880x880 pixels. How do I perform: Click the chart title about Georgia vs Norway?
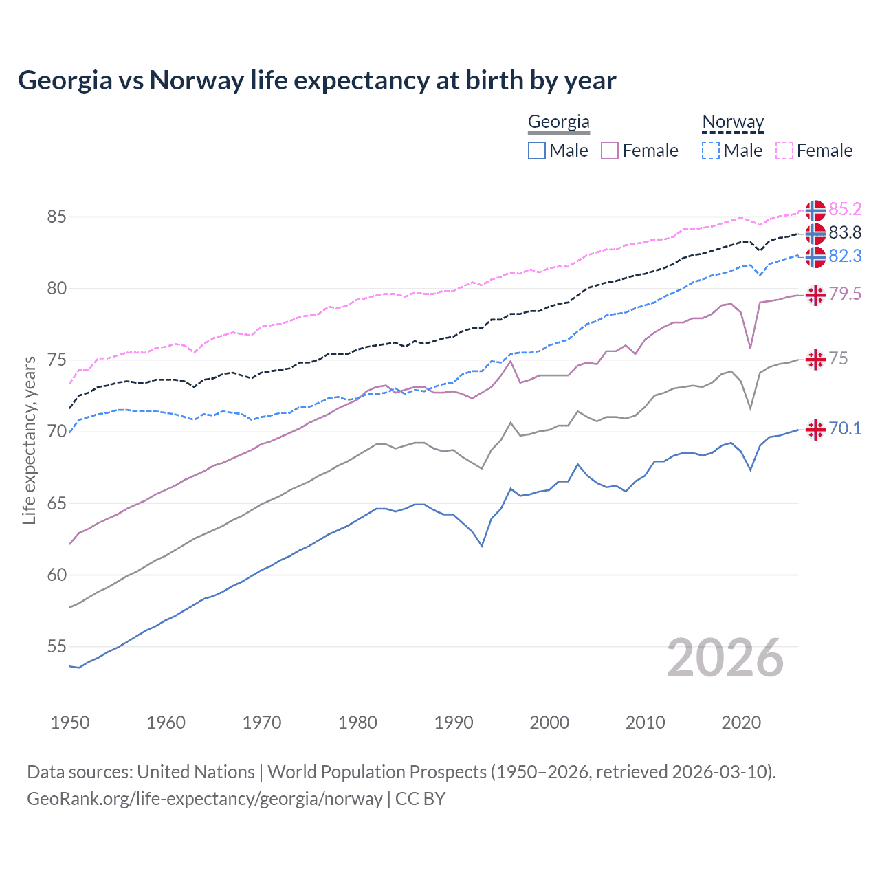[x=317, y=80]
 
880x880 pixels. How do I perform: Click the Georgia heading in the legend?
[x=558, y=122]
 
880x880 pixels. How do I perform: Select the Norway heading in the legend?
[x=733, y=122]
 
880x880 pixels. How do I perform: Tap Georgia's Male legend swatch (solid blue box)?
[x=537, y=151]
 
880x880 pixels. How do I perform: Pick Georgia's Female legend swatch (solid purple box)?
[x=610, y=151]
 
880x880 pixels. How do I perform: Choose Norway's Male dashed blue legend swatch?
[x=711, y=151]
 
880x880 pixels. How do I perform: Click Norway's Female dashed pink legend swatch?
[x=784, y=151]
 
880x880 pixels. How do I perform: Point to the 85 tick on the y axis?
[x=56, y=217]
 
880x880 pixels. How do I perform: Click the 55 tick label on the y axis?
[x=56, y=647]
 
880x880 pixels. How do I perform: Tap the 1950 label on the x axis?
[x=70, y=723]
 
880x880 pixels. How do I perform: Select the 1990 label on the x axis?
[x=454, y=723]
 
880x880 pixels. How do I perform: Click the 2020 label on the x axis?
[x=741, y=723]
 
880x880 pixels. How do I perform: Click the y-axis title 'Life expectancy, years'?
[x=30, y=440]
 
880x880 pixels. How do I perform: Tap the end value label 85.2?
[x=845, y=209]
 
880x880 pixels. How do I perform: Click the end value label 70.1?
[x=845, y=429]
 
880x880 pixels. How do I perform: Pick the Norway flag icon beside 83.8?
[x=815, y=234]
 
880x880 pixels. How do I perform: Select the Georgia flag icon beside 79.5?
[x=815, y=295]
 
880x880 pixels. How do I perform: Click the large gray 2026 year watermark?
[x=725, y=659]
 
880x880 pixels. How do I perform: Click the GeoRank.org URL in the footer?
[x=204, y=799]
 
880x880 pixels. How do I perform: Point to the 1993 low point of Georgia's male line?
[x=482, y=546]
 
